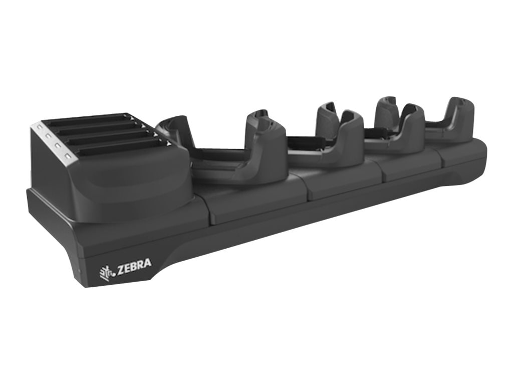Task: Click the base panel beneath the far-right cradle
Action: click(463, 153)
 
